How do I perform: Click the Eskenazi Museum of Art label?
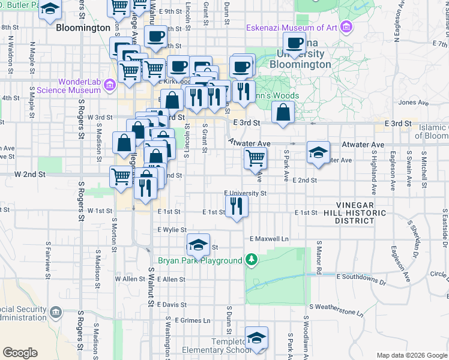point(292,28)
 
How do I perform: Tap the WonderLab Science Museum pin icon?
point(109,86)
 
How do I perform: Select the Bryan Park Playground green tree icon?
point(253,260)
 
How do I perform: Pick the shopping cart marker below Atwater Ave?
point(256,158)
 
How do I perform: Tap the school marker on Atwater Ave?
point(318,152)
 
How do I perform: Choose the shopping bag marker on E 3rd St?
point(283,112)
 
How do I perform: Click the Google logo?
point(20,353)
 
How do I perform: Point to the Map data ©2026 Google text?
point(411,355)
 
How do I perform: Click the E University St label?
point(245,193)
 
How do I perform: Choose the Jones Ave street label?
point(409,103)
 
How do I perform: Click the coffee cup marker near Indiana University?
point(295,43)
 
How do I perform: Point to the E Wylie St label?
point(172,230)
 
